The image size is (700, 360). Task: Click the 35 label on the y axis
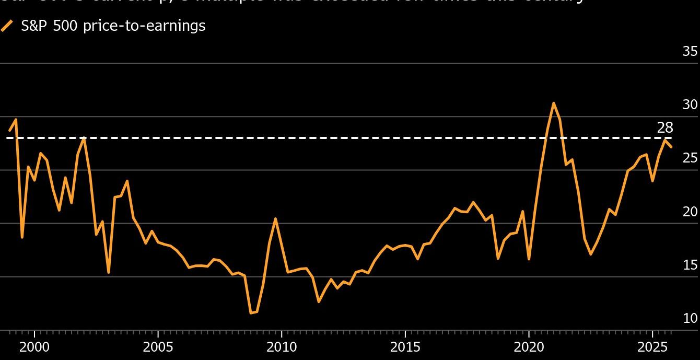pyautogui.click(x=690, y=51)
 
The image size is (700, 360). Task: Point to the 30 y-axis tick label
pyautogui.click(x=690, y=104)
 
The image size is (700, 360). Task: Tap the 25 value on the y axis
pyautogui.click(x=690, y=158)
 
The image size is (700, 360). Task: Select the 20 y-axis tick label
pyautogui.click(x=690, y=212)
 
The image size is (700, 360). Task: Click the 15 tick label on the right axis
pyautogui.click(x=690, y=265)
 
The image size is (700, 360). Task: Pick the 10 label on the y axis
pyautogui.click(x=690, y=318)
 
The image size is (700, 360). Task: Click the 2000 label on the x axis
pyautogui.click(x=34, y=347)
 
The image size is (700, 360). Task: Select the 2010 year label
pyautogui.click(x=281, y=347)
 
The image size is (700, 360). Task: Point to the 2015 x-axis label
pyautogui.click(x=405, y=347)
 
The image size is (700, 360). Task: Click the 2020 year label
pyautogui.click(x=529, y=347)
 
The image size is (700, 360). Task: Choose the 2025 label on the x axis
pyautogui.click(x=652, y=347)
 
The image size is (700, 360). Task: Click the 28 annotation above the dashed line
pyautogui.click(x=665, y=127)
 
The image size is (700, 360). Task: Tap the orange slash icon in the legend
pyautogui.click(x=7, y=26)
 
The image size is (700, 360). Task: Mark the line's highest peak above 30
pyautogui.click(x=553, y=103)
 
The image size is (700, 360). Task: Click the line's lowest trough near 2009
pyautogui.click(x=251, y=313)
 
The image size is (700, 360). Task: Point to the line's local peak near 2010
pyautogui.click(x=275, y=218)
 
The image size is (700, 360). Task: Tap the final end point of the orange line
pyautogui.click(x=671, y=147)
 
